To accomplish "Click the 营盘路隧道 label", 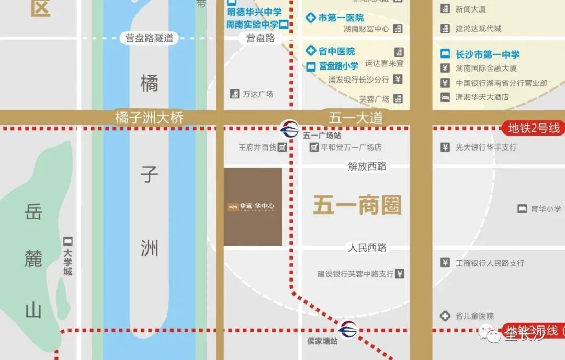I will (149, 38).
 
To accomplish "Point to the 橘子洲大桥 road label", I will (149, 118).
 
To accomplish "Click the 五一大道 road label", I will (356, 118).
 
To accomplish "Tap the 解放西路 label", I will (367, 166).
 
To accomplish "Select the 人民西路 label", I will (367, 248).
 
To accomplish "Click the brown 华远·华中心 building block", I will (253, 207).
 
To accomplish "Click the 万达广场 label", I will (258, 94).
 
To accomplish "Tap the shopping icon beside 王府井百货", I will (282, 148).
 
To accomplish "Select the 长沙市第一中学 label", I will (488, 54).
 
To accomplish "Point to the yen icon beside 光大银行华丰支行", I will (445, 148).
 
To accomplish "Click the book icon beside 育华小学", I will (522, 209).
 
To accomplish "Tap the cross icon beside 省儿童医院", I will (445, 316).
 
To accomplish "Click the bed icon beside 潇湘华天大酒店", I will (445, 97).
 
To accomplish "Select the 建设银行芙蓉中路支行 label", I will (355, 274).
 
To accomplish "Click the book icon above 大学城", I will (67, 242).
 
